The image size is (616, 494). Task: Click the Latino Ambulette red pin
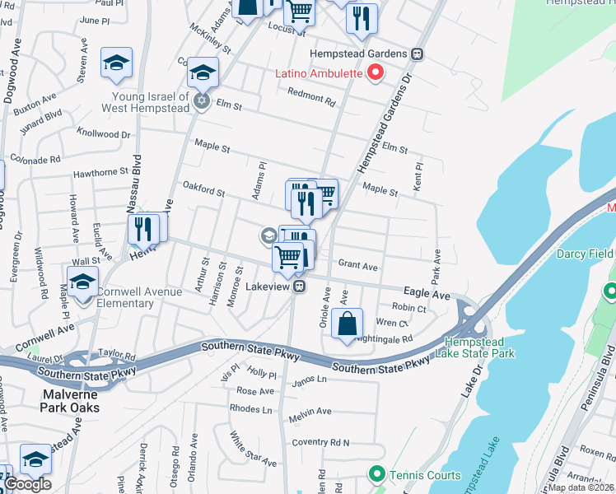point(376,72)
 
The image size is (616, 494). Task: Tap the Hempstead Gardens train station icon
point(418,54)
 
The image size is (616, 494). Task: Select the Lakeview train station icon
point(301,287)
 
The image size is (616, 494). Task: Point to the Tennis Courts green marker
point(377,473)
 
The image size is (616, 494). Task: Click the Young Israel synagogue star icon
point(202,102)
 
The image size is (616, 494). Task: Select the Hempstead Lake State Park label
point(479,347)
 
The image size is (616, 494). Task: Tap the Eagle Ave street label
point(427,293)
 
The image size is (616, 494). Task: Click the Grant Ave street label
point(358,266)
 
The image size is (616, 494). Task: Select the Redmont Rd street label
point(311,96)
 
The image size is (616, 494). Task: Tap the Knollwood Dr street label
point(103,133)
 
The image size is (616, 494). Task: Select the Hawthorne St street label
point(101,173)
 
